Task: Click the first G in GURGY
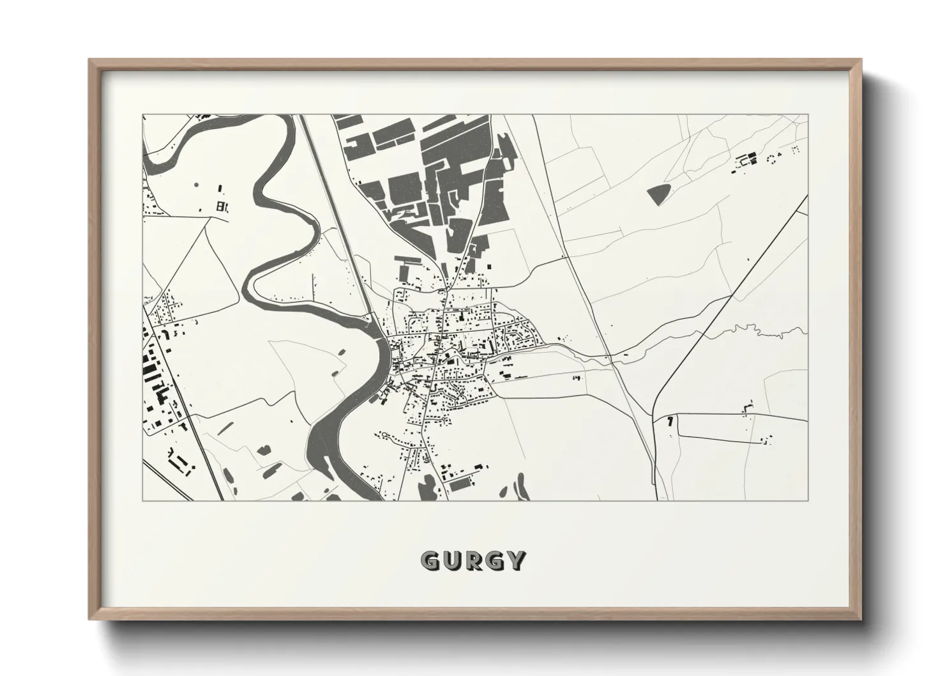(430, 561)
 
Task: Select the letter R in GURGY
(475, 561)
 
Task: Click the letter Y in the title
(518, 561)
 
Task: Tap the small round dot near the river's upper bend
(196, 185)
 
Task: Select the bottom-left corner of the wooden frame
(90, 618)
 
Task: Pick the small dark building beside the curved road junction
(670, 422)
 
